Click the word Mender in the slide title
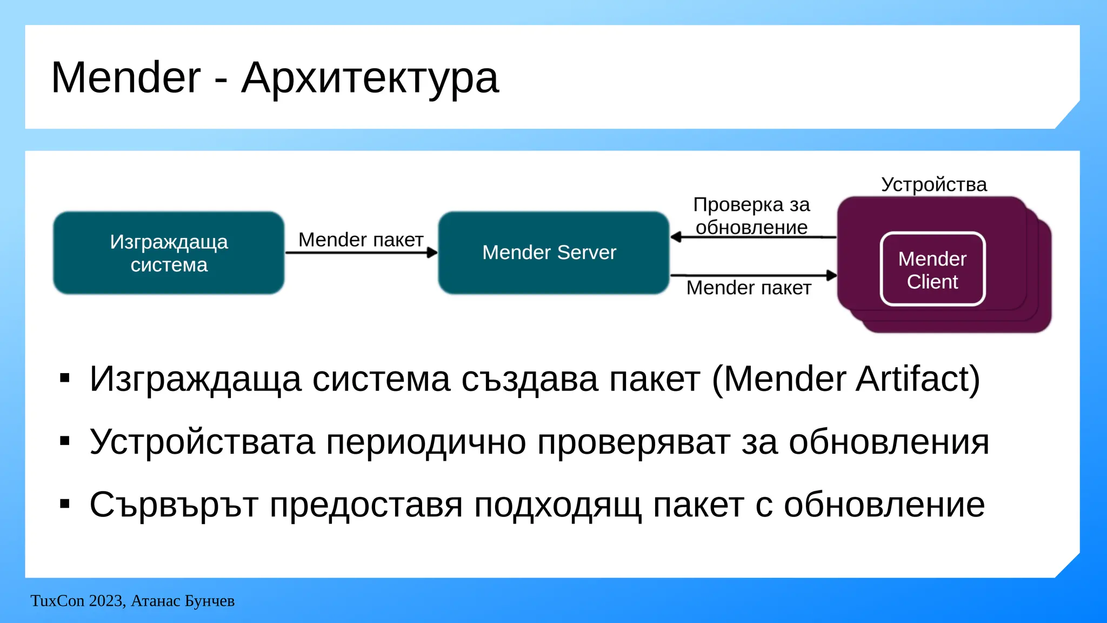(125, 78)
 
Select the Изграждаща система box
(169, 253)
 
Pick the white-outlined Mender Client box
(932, 269)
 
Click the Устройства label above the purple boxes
(933, 185)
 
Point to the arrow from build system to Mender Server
(361, 253)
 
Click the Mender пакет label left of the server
(361, 240)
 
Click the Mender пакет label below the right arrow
(749, 288)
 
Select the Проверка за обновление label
(751, 216)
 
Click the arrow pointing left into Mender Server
(752, 237)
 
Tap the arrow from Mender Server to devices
(752, 275)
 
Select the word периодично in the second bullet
(426, 442)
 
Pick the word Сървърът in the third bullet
(173, 505)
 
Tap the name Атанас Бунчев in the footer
(183, 601)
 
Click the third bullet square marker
(65, 505)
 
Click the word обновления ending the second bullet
(889, 442)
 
